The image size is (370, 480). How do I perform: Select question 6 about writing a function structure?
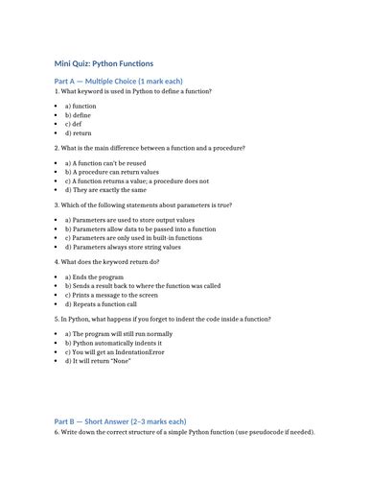tap(184, 433)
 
